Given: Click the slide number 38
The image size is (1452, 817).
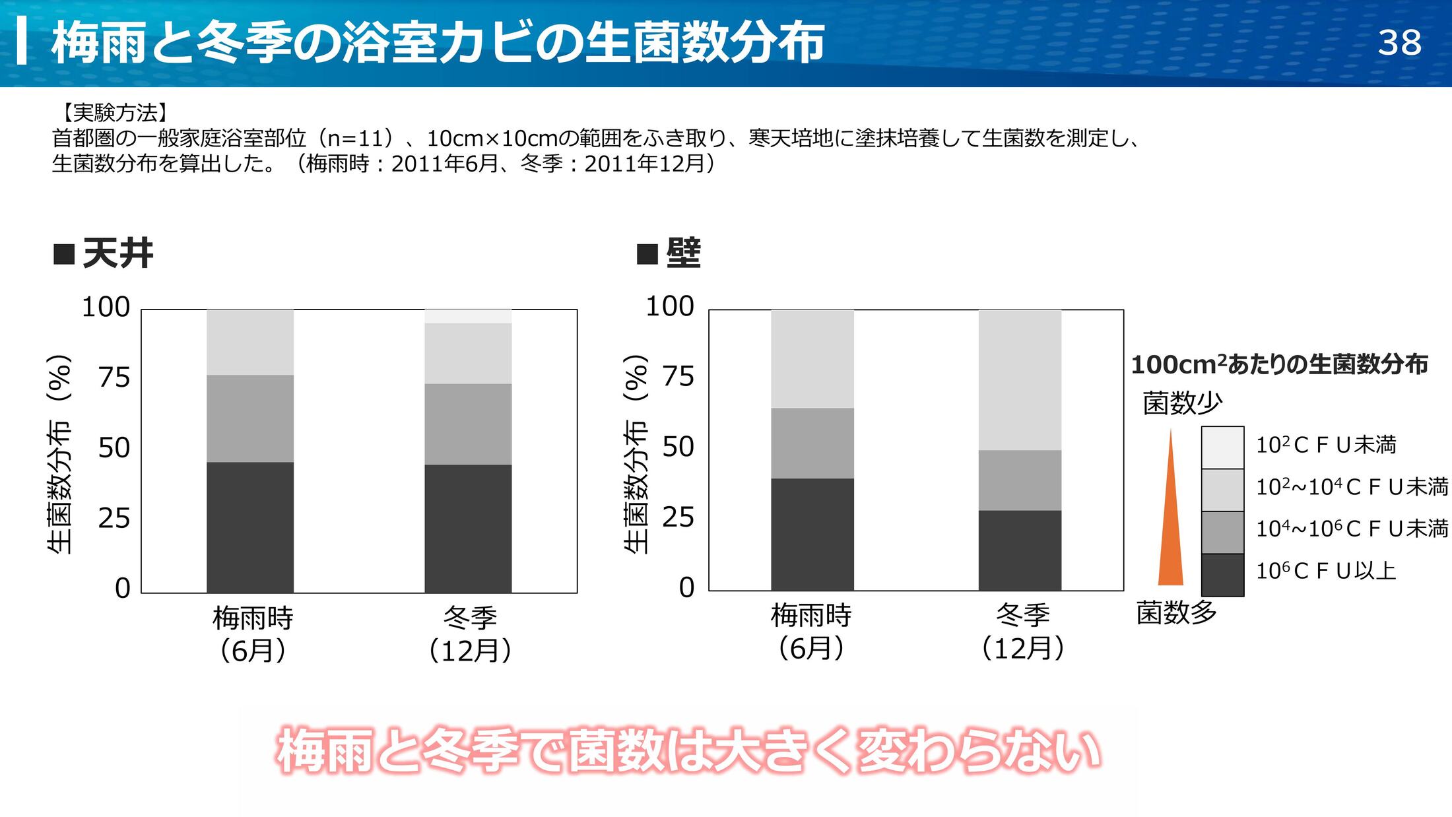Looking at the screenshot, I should click(1399, 43).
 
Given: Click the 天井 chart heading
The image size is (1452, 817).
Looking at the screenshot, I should click(117, 253).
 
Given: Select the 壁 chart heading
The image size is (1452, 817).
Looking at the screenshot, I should click(682, 253).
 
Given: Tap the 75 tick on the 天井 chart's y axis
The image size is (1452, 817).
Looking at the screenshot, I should click(114, 377).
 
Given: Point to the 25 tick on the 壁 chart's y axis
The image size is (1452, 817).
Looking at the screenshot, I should click(678, 517).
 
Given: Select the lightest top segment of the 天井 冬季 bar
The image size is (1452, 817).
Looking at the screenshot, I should click(468, 316).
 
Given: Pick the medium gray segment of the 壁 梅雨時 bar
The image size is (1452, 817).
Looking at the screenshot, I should click(812, 443).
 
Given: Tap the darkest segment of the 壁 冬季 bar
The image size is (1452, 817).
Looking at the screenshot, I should click(1020, 550).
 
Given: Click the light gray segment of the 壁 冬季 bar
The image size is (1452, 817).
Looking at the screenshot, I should click(1020, 379).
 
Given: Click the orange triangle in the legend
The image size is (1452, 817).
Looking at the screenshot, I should click(1170, 528).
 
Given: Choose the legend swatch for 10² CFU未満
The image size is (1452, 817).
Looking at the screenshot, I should click(1222, 447).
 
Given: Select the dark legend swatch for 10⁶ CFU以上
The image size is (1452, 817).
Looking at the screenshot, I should click(1222, 575).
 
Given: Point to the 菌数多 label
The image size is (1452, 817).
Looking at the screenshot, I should click(1176, 613).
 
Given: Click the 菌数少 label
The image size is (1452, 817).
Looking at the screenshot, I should click(1182, 403).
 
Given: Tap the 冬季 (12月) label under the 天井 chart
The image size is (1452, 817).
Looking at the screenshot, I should click(469, 634).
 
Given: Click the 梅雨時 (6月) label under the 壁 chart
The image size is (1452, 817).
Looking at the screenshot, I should click(811, 632).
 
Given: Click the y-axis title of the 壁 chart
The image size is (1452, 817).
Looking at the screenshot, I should click(636, 454).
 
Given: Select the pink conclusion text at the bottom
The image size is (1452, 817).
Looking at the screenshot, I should click(688, 751).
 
